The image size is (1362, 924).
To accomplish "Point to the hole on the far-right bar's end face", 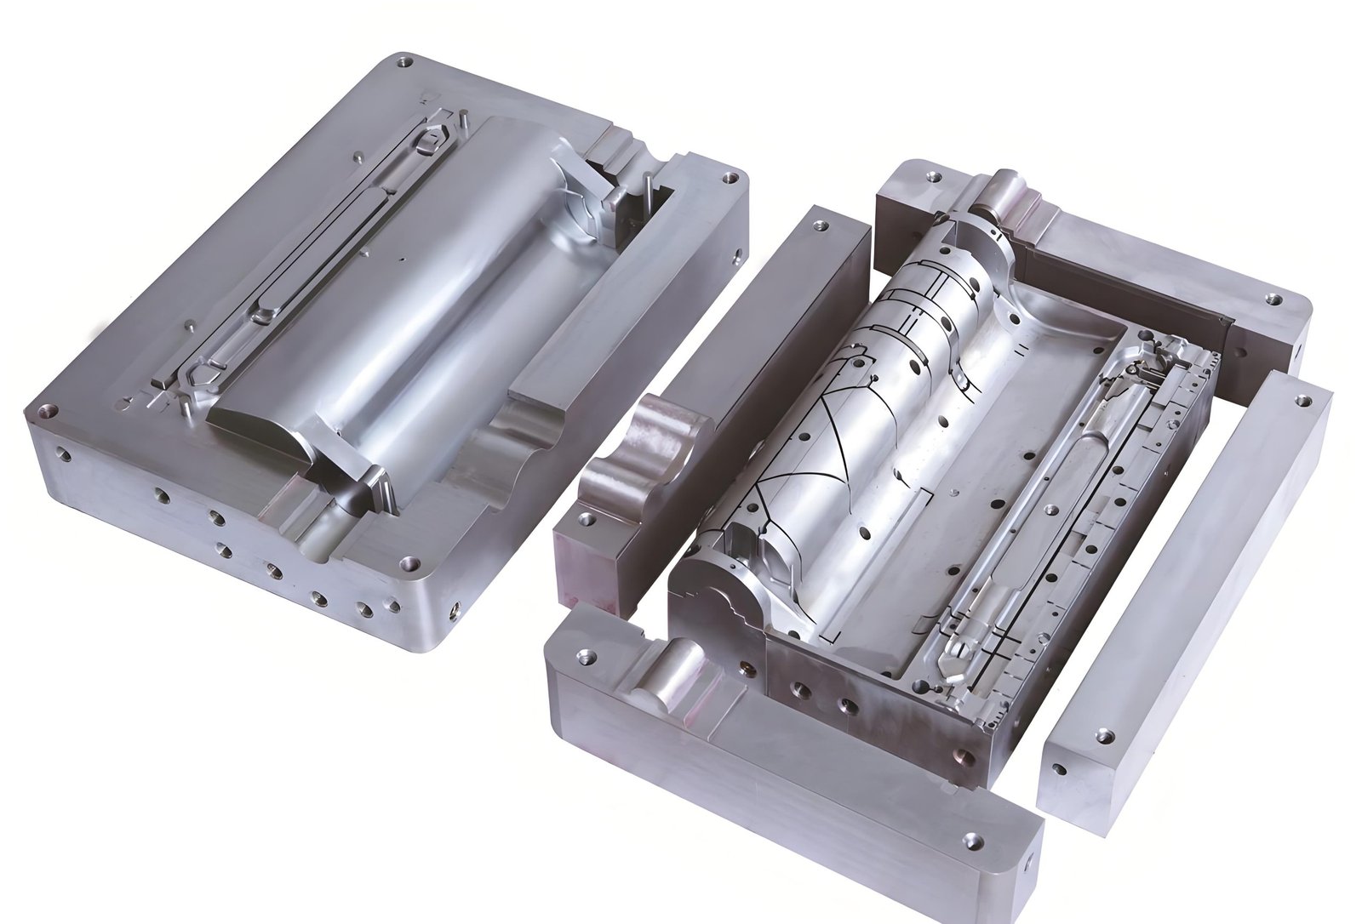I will coord(1058,768).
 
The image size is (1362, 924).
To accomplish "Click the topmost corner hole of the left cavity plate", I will coord(407,62).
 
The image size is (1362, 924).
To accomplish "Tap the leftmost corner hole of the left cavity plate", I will coord(49,410).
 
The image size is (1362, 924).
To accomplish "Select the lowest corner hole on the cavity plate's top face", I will coord(412,562).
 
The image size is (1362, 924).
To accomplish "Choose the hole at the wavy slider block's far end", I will coord(820,226).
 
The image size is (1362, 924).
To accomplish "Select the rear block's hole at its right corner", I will coord(1274,299).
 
